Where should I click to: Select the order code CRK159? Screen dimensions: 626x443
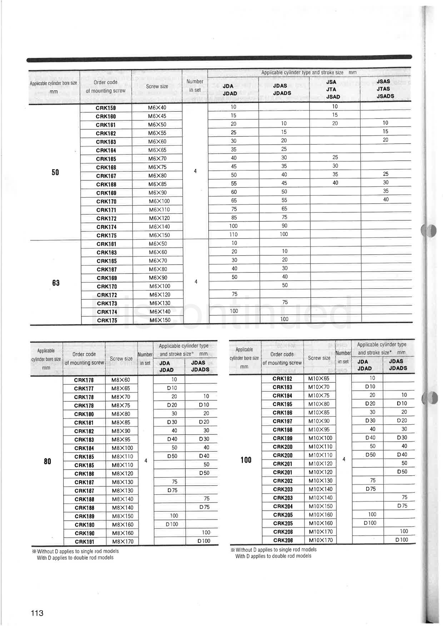coord(106,108)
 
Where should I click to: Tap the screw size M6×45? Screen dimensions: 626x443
coord(157,116)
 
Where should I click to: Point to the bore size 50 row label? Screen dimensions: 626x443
coord(55,172)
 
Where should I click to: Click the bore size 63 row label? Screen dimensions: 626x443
coord(56,283)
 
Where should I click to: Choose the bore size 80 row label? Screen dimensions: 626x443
coord(48,461)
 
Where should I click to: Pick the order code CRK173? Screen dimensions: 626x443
coord(107,304)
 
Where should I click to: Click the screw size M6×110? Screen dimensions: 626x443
coord(159,210)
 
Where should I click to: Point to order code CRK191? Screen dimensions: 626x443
coord(84,542)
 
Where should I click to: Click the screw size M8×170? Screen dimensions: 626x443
coord(123,541)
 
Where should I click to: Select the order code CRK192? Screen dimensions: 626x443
coord(282,379)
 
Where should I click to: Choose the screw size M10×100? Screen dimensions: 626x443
coord(320,438)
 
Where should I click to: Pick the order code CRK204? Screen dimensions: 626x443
coord(283,506)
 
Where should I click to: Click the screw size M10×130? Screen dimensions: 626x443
coord(320,481)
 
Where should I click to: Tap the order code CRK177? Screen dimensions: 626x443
coord(84,389)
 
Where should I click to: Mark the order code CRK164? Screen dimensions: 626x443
coord(106,150)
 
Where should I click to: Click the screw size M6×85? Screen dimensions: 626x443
coord(157,184)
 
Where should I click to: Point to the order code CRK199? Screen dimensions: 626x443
coord(283,438)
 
